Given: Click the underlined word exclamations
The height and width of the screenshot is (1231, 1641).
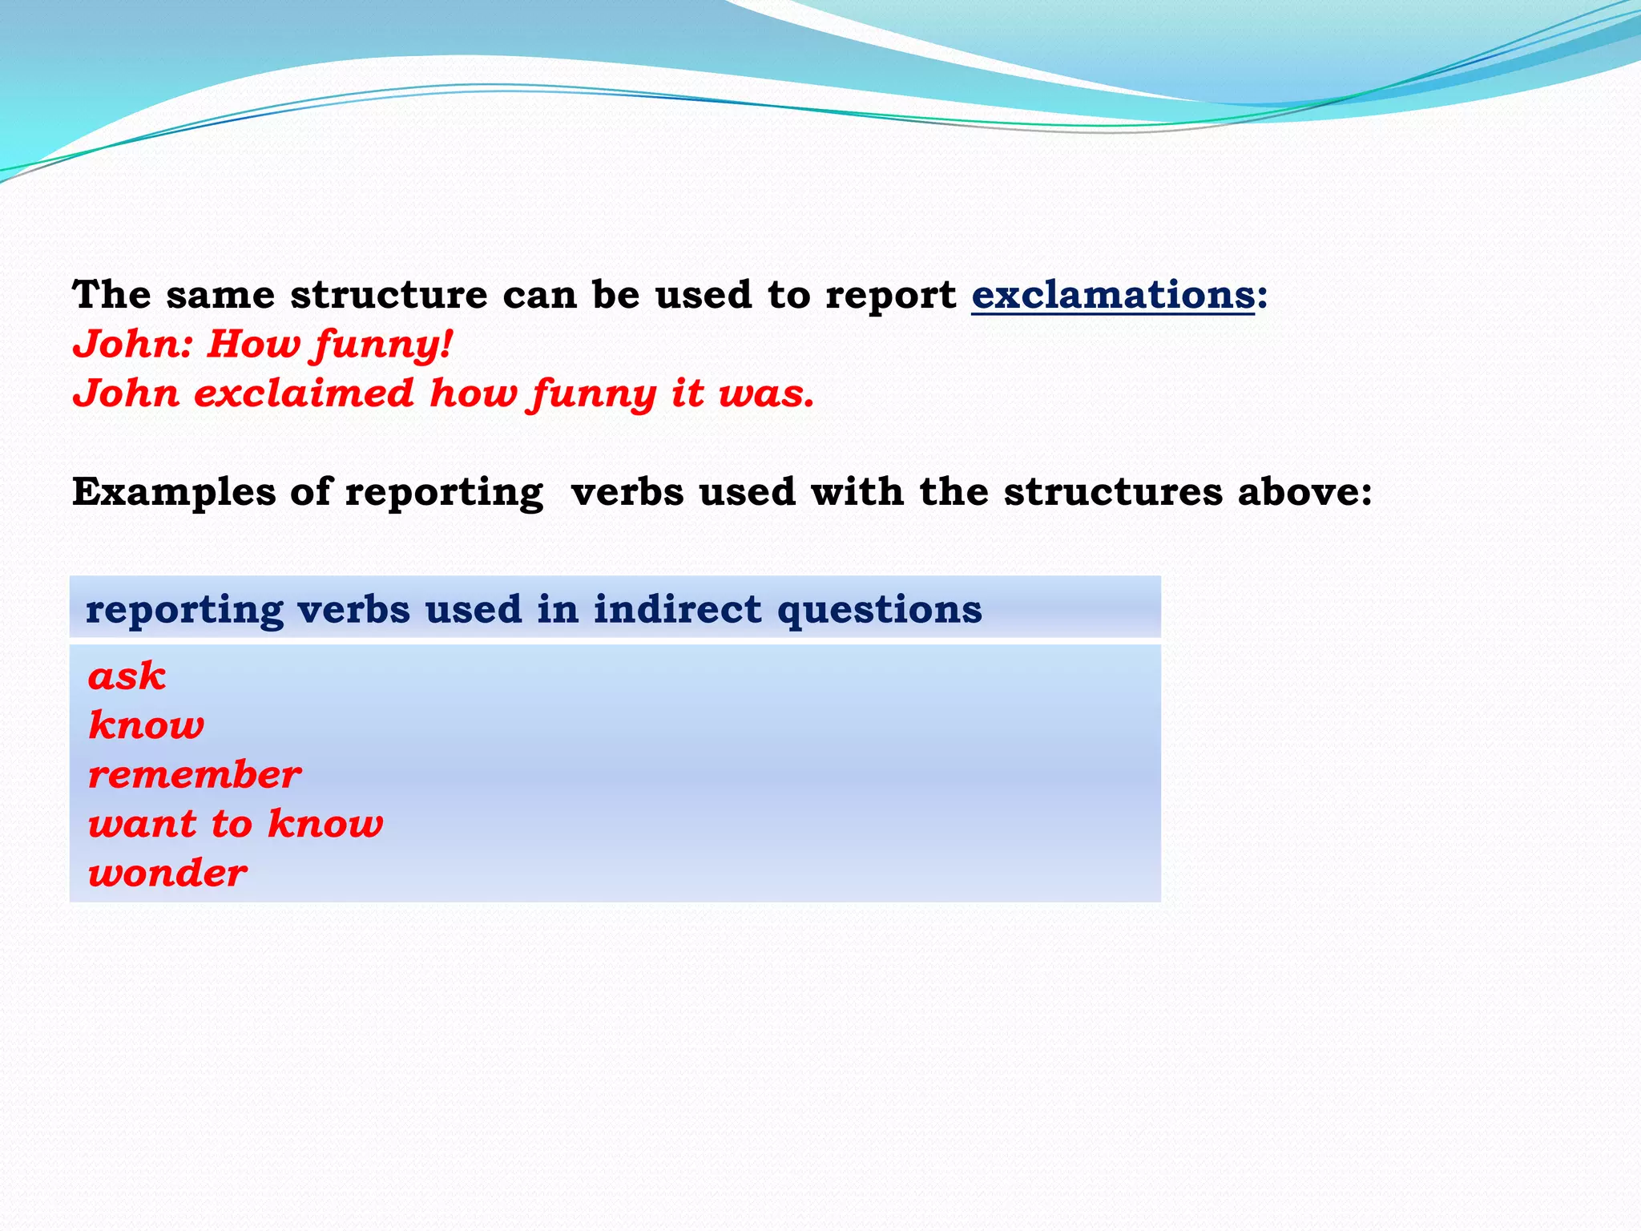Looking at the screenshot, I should [1112, 295].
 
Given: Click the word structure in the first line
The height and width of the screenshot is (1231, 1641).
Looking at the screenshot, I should [389, 295].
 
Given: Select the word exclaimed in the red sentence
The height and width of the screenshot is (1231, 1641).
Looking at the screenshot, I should [304, 394].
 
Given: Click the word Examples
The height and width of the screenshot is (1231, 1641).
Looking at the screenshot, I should [174, 492].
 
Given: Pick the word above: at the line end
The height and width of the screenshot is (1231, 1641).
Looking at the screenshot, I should [1304, 491].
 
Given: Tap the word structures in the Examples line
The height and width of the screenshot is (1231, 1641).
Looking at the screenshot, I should [1113, 491].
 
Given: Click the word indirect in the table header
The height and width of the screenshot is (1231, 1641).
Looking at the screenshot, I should [677, 609].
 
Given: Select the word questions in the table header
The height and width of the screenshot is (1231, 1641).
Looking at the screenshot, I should [879, 611].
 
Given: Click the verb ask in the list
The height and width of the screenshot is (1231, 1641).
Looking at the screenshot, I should [127, 676].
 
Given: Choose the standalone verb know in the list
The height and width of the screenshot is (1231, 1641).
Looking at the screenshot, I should [147, 725].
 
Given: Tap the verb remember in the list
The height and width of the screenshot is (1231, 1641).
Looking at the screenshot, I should [195, 775].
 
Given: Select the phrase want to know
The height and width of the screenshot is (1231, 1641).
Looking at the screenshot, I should [236, 824].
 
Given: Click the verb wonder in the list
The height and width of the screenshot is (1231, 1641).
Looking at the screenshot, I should [167, 874].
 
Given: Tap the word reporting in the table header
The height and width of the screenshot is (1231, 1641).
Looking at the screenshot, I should [184, 611].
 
